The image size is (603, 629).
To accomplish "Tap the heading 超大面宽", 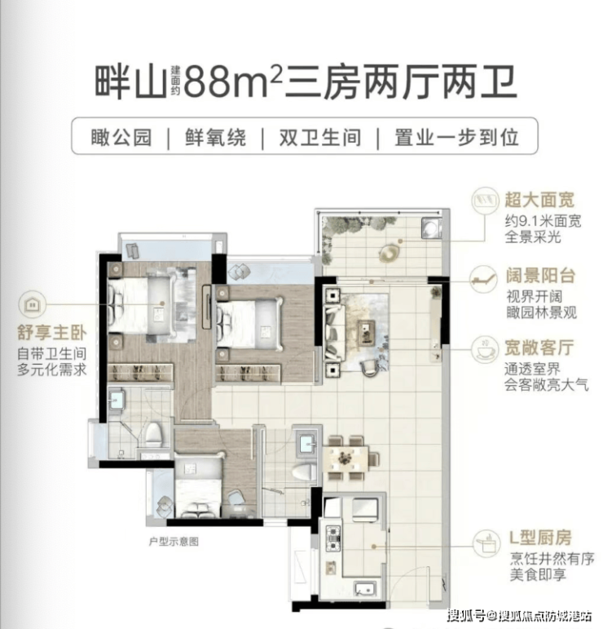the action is point(539,200).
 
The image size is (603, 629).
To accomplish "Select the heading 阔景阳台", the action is point(540,276).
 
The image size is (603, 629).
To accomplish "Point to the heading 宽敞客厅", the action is point(539,347).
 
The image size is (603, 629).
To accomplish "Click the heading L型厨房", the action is point(540,538).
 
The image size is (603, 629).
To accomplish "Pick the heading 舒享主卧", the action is point(51,333).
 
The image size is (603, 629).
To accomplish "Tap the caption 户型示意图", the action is point(174,542).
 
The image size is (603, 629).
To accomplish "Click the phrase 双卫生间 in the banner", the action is point(320,138).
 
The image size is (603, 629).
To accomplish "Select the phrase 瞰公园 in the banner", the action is point(121,138).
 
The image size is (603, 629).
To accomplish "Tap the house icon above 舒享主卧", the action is point(32,304).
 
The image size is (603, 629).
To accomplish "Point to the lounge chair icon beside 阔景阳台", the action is point(483,277).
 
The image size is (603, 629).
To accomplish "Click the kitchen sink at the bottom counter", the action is point(364,588).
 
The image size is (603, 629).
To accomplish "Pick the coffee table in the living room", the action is point(366,332).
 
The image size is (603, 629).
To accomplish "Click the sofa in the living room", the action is point(334,332).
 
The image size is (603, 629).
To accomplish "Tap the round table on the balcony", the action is point(390,253).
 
